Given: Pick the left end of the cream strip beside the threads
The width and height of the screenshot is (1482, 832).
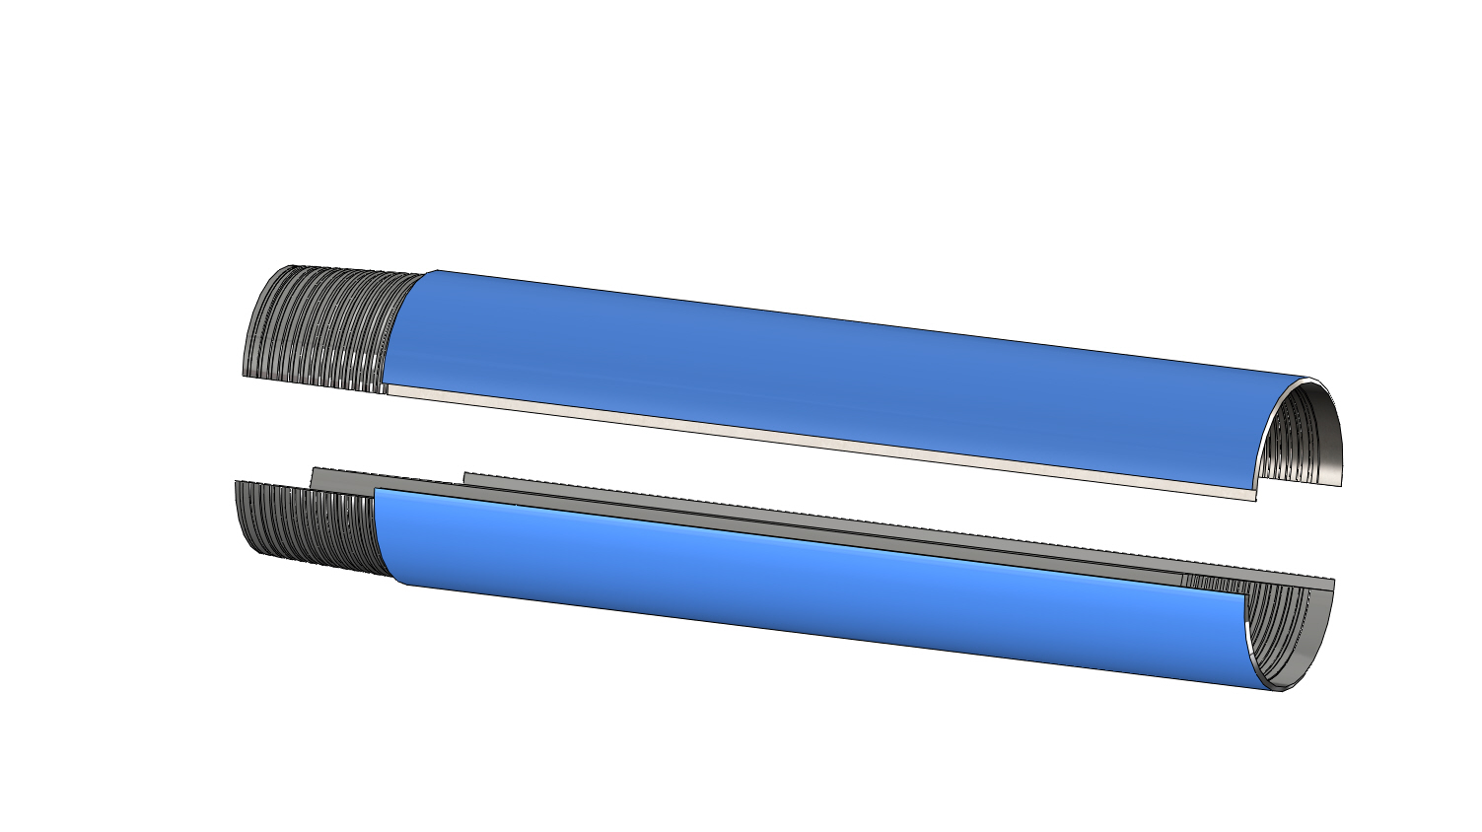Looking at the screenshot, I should (390, 389).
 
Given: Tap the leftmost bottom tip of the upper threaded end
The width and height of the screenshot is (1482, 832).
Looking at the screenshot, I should (245, 374).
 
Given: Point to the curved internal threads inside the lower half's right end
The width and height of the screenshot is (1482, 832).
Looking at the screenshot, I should (1282, 631).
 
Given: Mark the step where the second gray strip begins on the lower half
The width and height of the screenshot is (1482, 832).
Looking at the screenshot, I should (464, 477).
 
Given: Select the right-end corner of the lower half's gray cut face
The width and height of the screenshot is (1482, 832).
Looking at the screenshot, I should (1332, 585).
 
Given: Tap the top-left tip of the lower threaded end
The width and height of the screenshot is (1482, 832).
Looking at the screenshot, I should (237, 483).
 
